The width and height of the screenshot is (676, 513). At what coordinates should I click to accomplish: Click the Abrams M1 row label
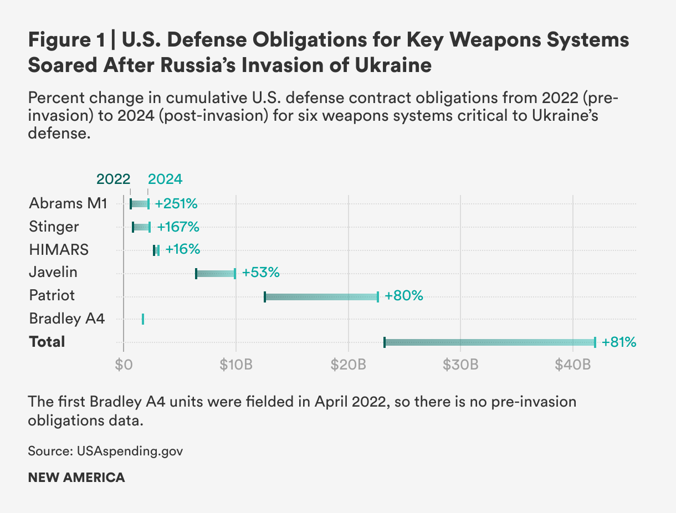[67, 203]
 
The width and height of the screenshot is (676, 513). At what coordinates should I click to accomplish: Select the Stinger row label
[54, 227]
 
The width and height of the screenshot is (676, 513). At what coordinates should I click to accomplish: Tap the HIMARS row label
[58, 250]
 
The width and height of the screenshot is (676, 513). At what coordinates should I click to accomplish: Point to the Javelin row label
[53, 273]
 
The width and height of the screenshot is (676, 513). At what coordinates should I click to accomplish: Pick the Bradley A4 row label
[66, 319]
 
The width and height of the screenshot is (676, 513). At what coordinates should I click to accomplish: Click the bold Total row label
[47, 342]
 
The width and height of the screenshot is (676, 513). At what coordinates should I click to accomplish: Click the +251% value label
[176, 203]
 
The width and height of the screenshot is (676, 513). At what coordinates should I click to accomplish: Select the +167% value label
[178, 227]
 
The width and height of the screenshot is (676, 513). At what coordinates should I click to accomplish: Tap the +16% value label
[182, 250]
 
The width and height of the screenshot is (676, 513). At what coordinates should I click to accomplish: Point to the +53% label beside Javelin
[260, 273]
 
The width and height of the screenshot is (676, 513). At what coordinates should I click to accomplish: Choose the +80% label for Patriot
[404, 296]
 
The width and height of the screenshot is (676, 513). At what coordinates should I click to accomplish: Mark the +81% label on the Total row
[619, 342]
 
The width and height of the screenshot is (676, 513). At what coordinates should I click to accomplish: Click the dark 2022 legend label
[113, 179]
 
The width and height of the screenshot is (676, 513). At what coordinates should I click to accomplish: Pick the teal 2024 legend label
[165, 179]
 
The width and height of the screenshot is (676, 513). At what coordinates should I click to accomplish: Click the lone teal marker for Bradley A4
[143, 319]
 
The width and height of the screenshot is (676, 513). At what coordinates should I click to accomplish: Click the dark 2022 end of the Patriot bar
[265, 296]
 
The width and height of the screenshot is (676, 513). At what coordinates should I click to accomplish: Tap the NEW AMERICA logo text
[76, 478]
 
